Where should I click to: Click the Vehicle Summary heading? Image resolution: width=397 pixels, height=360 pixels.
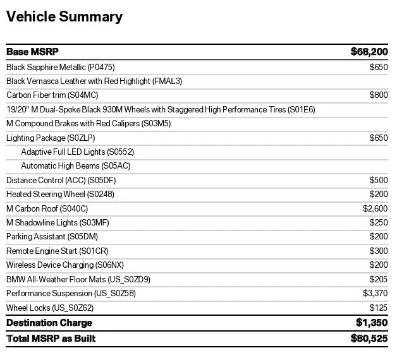click(x=64, y=17)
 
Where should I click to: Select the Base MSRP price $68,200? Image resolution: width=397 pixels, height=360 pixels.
click(x=369, y=52)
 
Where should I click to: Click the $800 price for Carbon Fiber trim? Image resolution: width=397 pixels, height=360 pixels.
click(x=379, y=95)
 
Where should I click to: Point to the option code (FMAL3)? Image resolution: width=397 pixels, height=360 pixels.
click(x=167, y=81)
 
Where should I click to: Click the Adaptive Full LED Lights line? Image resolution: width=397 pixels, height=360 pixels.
click(x=78, y=152)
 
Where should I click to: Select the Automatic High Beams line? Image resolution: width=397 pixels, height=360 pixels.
click(x=76, y=165)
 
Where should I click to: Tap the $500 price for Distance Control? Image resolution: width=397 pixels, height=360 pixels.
click(x=379, y=180)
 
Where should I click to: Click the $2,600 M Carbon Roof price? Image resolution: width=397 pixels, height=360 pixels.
click(x=376, y=208)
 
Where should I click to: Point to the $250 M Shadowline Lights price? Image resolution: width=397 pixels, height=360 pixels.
click(x=379, y=222)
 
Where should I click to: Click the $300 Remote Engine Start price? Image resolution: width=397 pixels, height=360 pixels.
click(x=379, y=251)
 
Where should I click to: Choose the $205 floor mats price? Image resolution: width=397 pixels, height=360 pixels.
click(x=379, y=279)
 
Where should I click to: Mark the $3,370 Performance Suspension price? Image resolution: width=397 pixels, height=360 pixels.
click(x=376, y=294)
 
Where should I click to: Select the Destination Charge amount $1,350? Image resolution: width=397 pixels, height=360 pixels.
click(x=372, y=323)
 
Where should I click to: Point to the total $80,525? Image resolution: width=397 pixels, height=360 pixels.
click(x=369, y=339)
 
